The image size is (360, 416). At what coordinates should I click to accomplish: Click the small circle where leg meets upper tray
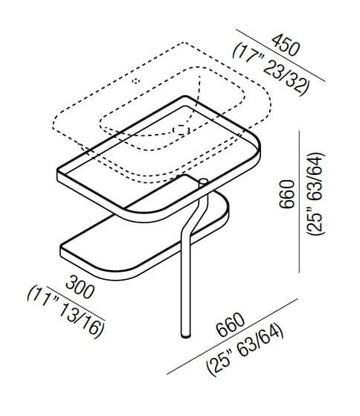[x=202, y=182]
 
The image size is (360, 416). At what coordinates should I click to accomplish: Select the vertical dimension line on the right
[x=300, y=201]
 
